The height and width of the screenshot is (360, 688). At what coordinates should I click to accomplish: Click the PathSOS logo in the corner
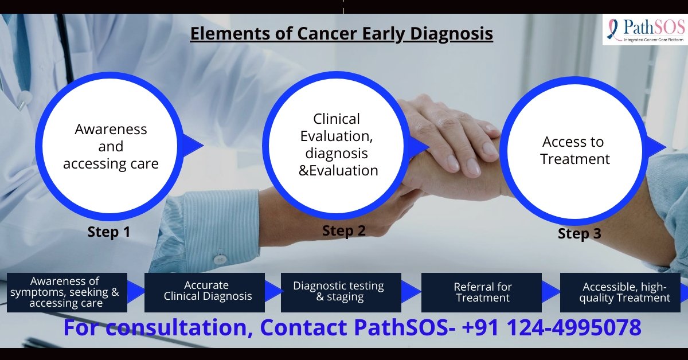[644, 30]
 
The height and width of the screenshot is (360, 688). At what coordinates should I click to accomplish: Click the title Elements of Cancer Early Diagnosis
[341, 34]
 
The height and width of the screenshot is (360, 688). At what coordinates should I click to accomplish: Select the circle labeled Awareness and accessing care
[111, 146]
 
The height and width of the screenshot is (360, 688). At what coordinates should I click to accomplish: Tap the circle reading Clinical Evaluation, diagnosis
[339, 144]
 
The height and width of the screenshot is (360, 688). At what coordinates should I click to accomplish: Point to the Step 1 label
[109, 232]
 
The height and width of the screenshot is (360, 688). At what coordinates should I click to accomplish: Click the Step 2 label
[343, 231]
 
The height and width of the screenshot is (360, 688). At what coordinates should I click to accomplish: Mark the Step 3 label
[579, 234]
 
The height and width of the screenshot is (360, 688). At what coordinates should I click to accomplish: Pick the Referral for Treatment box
[482, 292]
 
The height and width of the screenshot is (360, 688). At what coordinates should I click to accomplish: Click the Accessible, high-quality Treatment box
[624, 292]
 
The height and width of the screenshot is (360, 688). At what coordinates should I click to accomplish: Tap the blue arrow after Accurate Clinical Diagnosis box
[273, 292]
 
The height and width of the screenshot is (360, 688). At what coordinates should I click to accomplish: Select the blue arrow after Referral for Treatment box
[550, 292]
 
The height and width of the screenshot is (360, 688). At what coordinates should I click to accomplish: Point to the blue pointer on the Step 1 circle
[194, 145]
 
